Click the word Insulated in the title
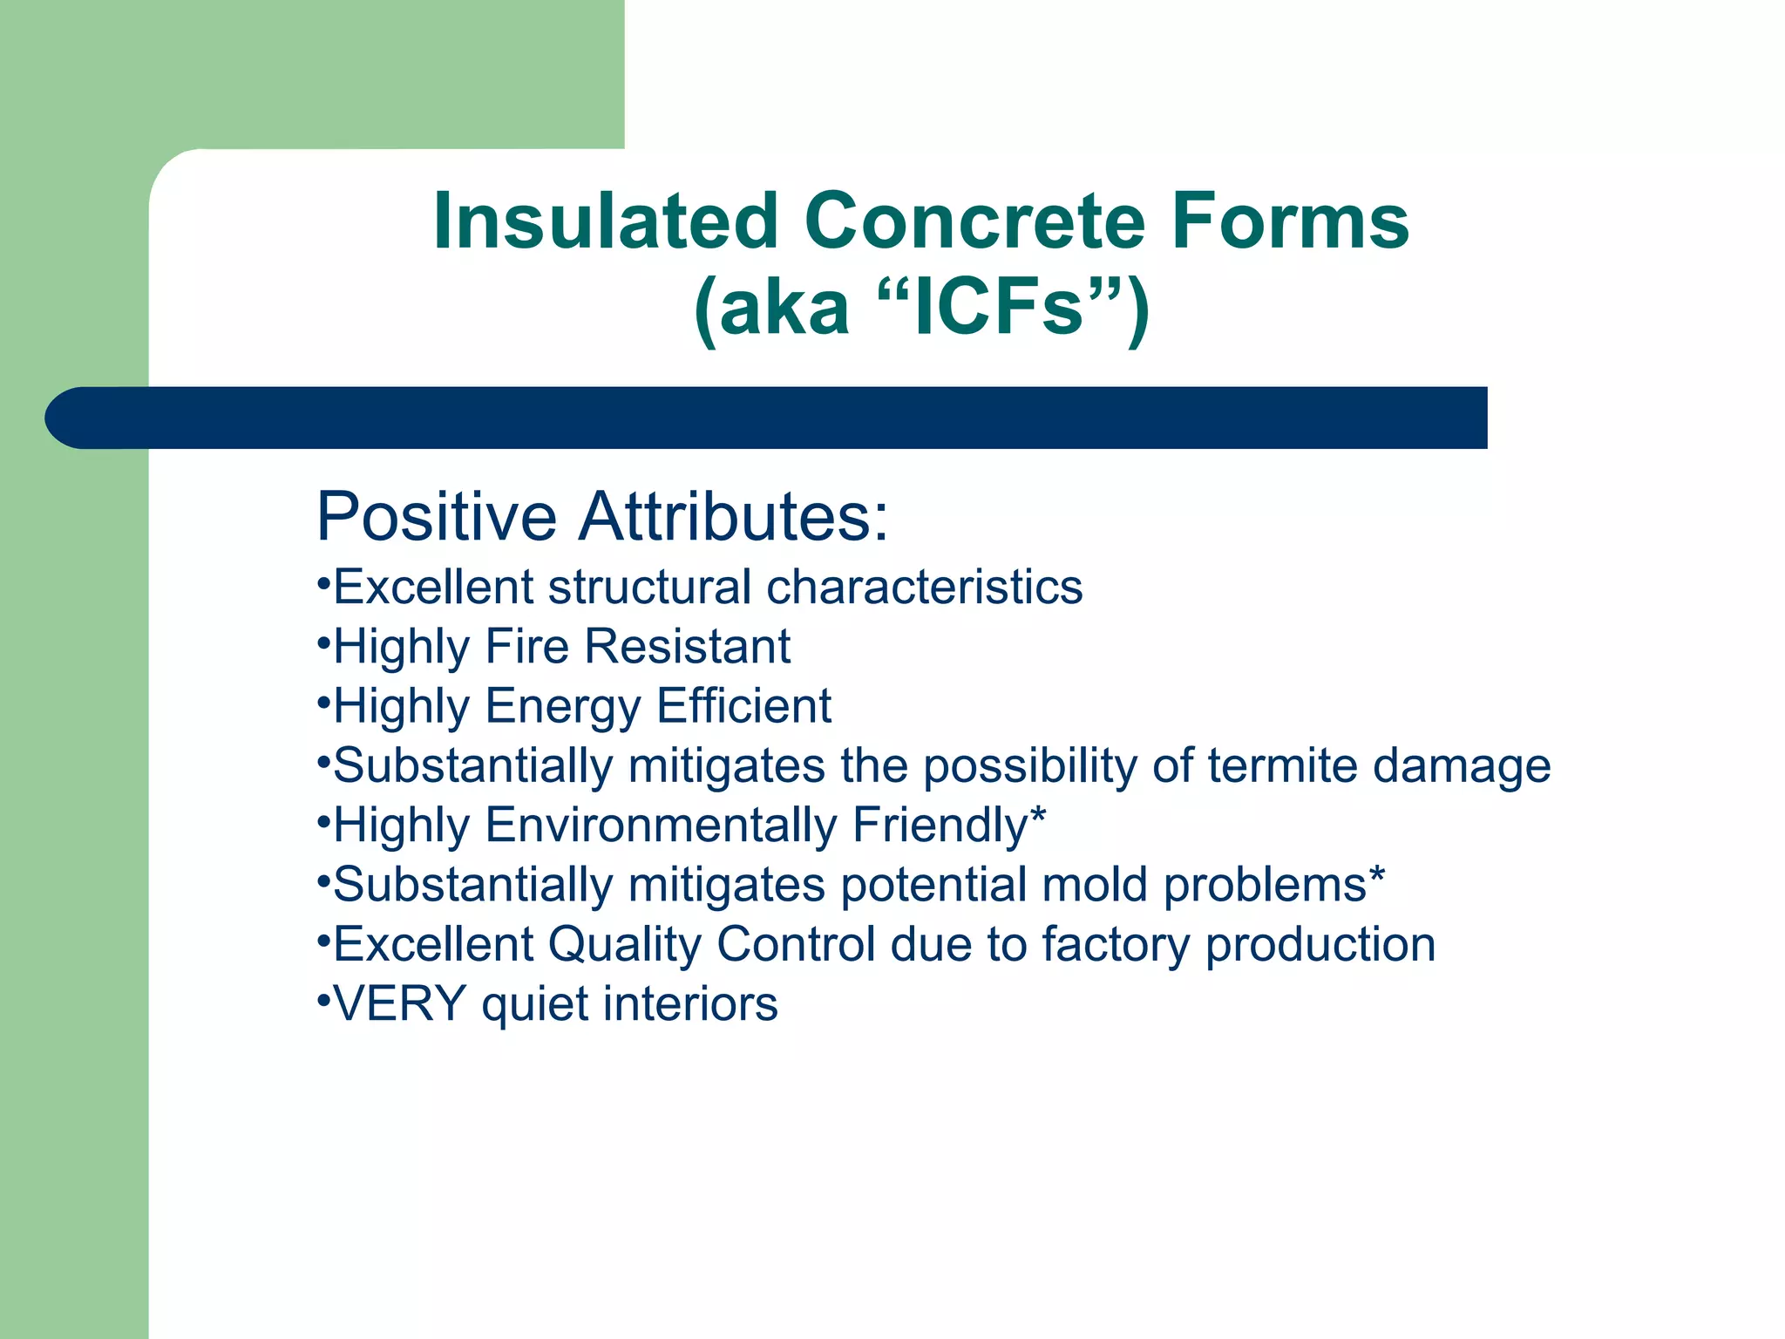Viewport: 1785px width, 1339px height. [x=605, y=222]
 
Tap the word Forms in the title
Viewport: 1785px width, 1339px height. [x=1289, y=222]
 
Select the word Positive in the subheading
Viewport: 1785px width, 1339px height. [x=436, y=517]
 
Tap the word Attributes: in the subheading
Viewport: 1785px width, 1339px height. [x=734, y=517]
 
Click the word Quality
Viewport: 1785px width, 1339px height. [x=624, y=945]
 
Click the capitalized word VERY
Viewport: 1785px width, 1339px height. [x=400, y=1004]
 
